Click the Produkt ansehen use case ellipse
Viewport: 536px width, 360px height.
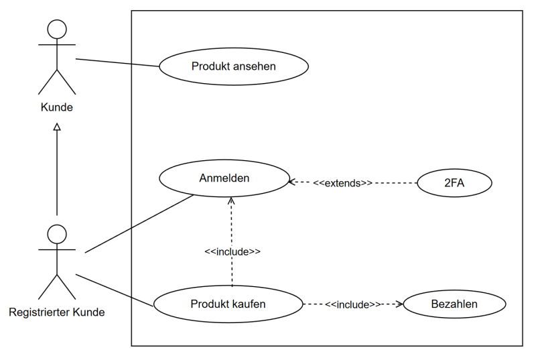tap(233, 66)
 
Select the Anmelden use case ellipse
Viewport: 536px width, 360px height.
tap(224, 179)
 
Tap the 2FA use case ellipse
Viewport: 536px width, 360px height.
tap(455, 182)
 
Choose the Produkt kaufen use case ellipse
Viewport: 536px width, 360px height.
tap(228, 304)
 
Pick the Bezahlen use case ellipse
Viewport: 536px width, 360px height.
tap(455, 304)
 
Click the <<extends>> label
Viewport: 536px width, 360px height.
tap(344, 182)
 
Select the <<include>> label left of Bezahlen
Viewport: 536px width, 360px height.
tap(352, 304)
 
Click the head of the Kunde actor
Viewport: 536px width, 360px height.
tap(57, 30)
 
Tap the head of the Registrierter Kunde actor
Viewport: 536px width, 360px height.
tap(57, 233)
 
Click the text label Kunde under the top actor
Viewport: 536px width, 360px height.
tap(57, 107)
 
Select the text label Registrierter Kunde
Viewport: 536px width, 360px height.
tap(57, 312)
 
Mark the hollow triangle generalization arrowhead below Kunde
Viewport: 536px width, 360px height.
tap(57, 127)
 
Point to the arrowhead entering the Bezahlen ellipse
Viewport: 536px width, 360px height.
tap(400, 304)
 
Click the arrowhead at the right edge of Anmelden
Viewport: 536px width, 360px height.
tap(291, 181)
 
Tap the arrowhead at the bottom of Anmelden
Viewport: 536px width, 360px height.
tap(232, 200)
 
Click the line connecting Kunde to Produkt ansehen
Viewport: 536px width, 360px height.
tap(117, 63)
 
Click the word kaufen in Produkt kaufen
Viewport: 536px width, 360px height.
tap(250, 304)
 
